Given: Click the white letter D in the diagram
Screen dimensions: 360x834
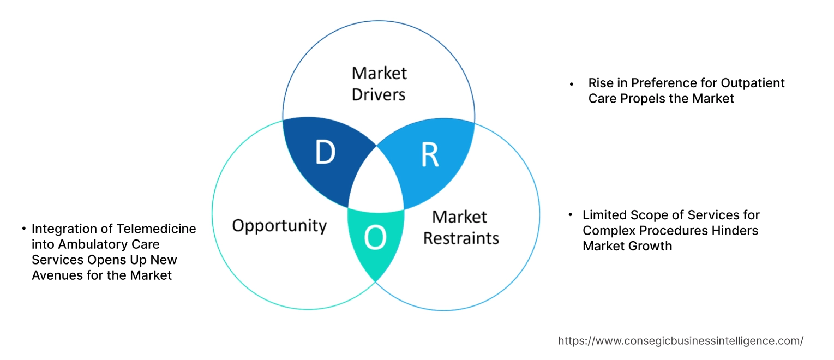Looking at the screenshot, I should (x=325, y=153).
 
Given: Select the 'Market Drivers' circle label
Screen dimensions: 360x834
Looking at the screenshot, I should (x=379, y=83).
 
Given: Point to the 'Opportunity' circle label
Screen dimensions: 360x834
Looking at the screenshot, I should (x=279, y=225).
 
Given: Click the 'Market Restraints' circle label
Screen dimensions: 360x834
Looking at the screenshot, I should (x=461, y=227).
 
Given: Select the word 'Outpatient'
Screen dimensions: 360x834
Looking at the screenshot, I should (x=753, y=83).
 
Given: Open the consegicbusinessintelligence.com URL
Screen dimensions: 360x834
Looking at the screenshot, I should (x=680, y=341).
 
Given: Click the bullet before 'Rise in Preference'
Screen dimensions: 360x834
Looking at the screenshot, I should (x=572, y=84).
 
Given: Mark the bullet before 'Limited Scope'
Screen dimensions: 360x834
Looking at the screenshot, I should (x=571, y=215).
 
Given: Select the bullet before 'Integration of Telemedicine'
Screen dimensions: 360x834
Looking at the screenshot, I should (x=24, y=229).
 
